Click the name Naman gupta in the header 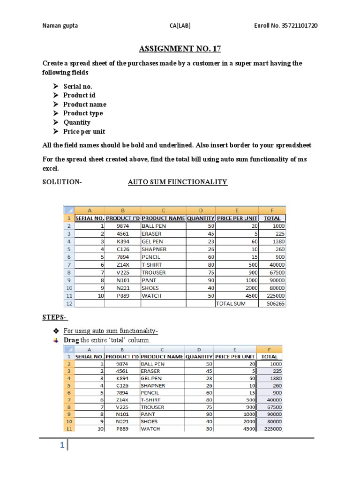pyautogui.click(x=60, y=25)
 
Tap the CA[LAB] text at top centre pyautogui.click(x=180, y=25)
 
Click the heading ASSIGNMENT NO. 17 pyautogui.click(x=180, y=49)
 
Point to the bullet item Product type pyautogui.click(x=83, y=113)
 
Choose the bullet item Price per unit pyautogui.click(x=84, y=132)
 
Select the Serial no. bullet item pyautogui.click(x=78, y=86)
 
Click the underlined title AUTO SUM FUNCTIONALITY pyautogui.click(x=178, y=182)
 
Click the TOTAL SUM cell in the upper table pyautogui.click(x=231, y=304)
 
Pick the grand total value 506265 pyautogui.click(x=275, y=304)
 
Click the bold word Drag pyautogui.click(x=72, y=340)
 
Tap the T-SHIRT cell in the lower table pyautogui.click(x=150, y=400)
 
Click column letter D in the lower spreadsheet pyautogui.click(x=199, y=349)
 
